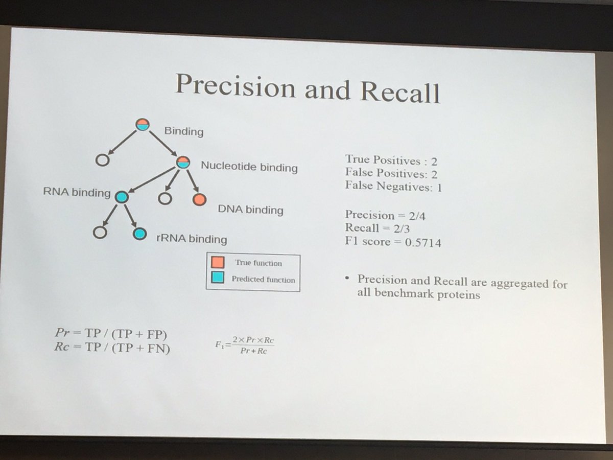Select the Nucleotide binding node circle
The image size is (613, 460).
tap(183, 162)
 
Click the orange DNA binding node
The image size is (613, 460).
tap(200, 199)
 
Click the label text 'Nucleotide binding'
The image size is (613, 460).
tap(249, 167)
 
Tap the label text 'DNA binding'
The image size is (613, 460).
tap(250, 210)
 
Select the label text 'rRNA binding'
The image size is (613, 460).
tap(191, 238)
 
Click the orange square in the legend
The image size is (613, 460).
tap(216, 263)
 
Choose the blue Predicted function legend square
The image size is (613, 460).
tap(217, 278)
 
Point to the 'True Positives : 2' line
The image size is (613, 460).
tap(391, 160)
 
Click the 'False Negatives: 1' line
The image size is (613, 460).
tap(393, 187)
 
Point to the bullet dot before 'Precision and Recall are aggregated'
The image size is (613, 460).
tap(347, 280)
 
